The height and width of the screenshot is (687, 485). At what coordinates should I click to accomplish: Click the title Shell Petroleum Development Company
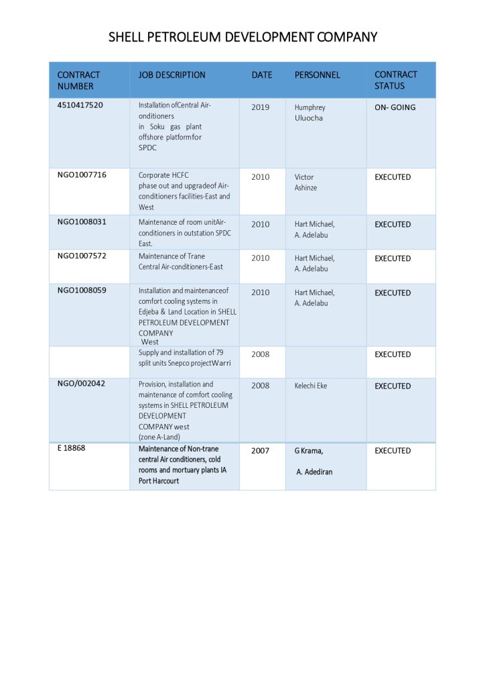(242, 37)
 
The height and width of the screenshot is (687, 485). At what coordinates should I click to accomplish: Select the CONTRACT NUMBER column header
(78, 81)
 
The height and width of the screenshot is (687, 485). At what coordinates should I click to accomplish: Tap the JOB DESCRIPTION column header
(171, 75)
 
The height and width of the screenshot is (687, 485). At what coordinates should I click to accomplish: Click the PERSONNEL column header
(317, 75)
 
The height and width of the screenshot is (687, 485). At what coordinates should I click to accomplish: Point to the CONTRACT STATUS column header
(395, 81)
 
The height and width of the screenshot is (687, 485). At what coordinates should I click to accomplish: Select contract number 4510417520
(80, 105)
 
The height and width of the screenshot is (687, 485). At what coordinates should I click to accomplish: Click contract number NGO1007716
(82, 175)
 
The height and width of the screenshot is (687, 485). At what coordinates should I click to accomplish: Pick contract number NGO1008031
(82, 222)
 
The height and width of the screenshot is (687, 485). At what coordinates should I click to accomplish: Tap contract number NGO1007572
(82, 256)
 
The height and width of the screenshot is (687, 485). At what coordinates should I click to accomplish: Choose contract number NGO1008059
(82, 290)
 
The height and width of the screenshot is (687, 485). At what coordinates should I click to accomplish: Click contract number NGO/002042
(81, 384)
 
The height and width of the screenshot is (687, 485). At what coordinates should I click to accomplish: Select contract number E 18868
(71, 448)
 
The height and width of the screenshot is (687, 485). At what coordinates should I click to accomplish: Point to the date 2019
(261, 107)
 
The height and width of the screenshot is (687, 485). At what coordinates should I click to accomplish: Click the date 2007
(261, 451)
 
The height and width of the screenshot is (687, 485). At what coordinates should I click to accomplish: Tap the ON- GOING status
(395, 107)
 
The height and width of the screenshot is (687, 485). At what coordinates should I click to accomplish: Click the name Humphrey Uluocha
(309, 113)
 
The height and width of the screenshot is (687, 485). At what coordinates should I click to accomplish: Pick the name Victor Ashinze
(305, 182)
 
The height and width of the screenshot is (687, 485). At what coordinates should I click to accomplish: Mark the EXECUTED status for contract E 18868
(393, 451)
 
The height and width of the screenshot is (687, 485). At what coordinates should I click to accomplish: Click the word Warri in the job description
(221, 364)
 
